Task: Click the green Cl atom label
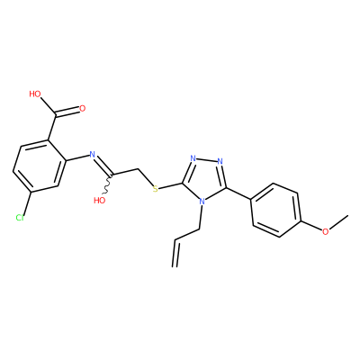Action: tap(20, 218)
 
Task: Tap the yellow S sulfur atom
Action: tap(155, 189)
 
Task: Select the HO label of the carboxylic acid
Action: tap(35, 94)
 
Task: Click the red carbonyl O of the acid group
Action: tap(82, 108)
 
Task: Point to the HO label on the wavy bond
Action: tap(100, 201)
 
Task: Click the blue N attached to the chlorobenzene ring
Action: tap(93, 155)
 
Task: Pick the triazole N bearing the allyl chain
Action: tap(202, 201)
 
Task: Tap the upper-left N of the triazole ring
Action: tap(193, 158)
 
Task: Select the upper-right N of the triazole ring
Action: tap(220, 161)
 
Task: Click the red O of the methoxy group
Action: tap(325, 231)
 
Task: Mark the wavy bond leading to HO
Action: tap(109, 184)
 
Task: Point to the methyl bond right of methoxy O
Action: tap(338, 222)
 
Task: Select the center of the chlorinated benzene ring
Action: tap(40, 166)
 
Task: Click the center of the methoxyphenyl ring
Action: tap(275, 210)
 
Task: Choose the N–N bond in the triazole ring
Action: tap(206, 160)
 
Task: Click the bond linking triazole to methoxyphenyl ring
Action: tap(238, 193)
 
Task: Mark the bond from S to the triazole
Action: tap(170, 185)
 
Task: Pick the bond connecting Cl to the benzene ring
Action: tap(26, 203)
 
